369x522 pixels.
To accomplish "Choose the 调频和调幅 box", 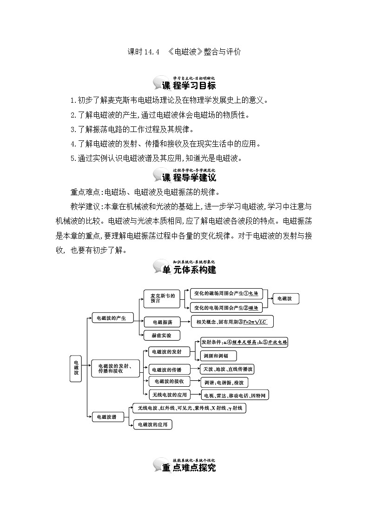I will pos(218,356).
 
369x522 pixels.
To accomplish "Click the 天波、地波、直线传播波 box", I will pos(227,369).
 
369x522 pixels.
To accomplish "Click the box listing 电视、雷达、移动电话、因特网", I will pos(235,396).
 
